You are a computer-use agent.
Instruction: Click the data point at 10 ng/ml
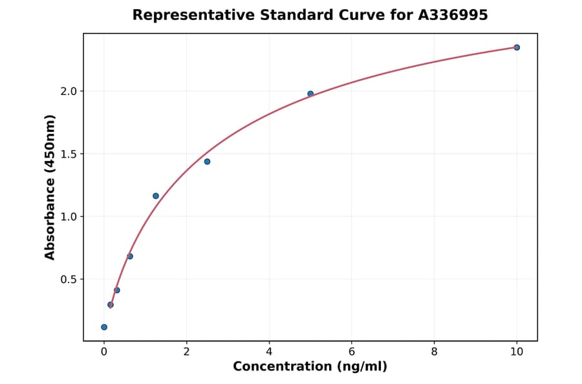pos(517,47)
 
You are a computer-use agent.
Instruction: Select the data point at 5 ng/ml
pos(310,94)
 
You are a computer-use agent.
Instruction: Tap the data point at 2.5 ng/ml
pos(207,162)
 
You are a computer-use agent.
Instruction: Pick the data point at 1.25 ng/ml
pos(156,196)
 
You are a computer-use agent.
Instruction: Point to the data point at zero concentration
pos(104,327)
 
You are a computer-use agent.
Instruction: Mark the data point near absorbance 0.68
pos(130,256)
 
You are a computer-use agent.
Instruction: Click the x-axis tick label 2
pos(186,352)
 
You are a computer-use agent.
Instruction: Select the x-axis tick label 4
pos(269,352)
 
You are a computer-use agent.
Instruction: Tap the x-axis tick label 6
pos(352,352)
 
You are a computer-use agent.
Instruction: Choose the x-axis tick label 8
pos(434,352)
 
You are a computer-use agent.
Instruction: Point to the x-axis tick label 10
pos(517,352)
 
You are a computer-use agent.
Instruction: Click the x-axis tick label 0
pos(104,352)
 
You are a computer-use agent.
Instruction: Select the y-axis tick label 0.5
pos(68,279)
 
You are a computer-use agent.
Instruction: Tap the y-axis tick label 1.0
pos(68,217)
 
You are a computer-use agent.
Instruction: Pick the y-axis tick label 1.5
pos(68,154)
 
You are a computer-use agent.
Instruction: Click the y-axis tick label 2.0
pos(68,91)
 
